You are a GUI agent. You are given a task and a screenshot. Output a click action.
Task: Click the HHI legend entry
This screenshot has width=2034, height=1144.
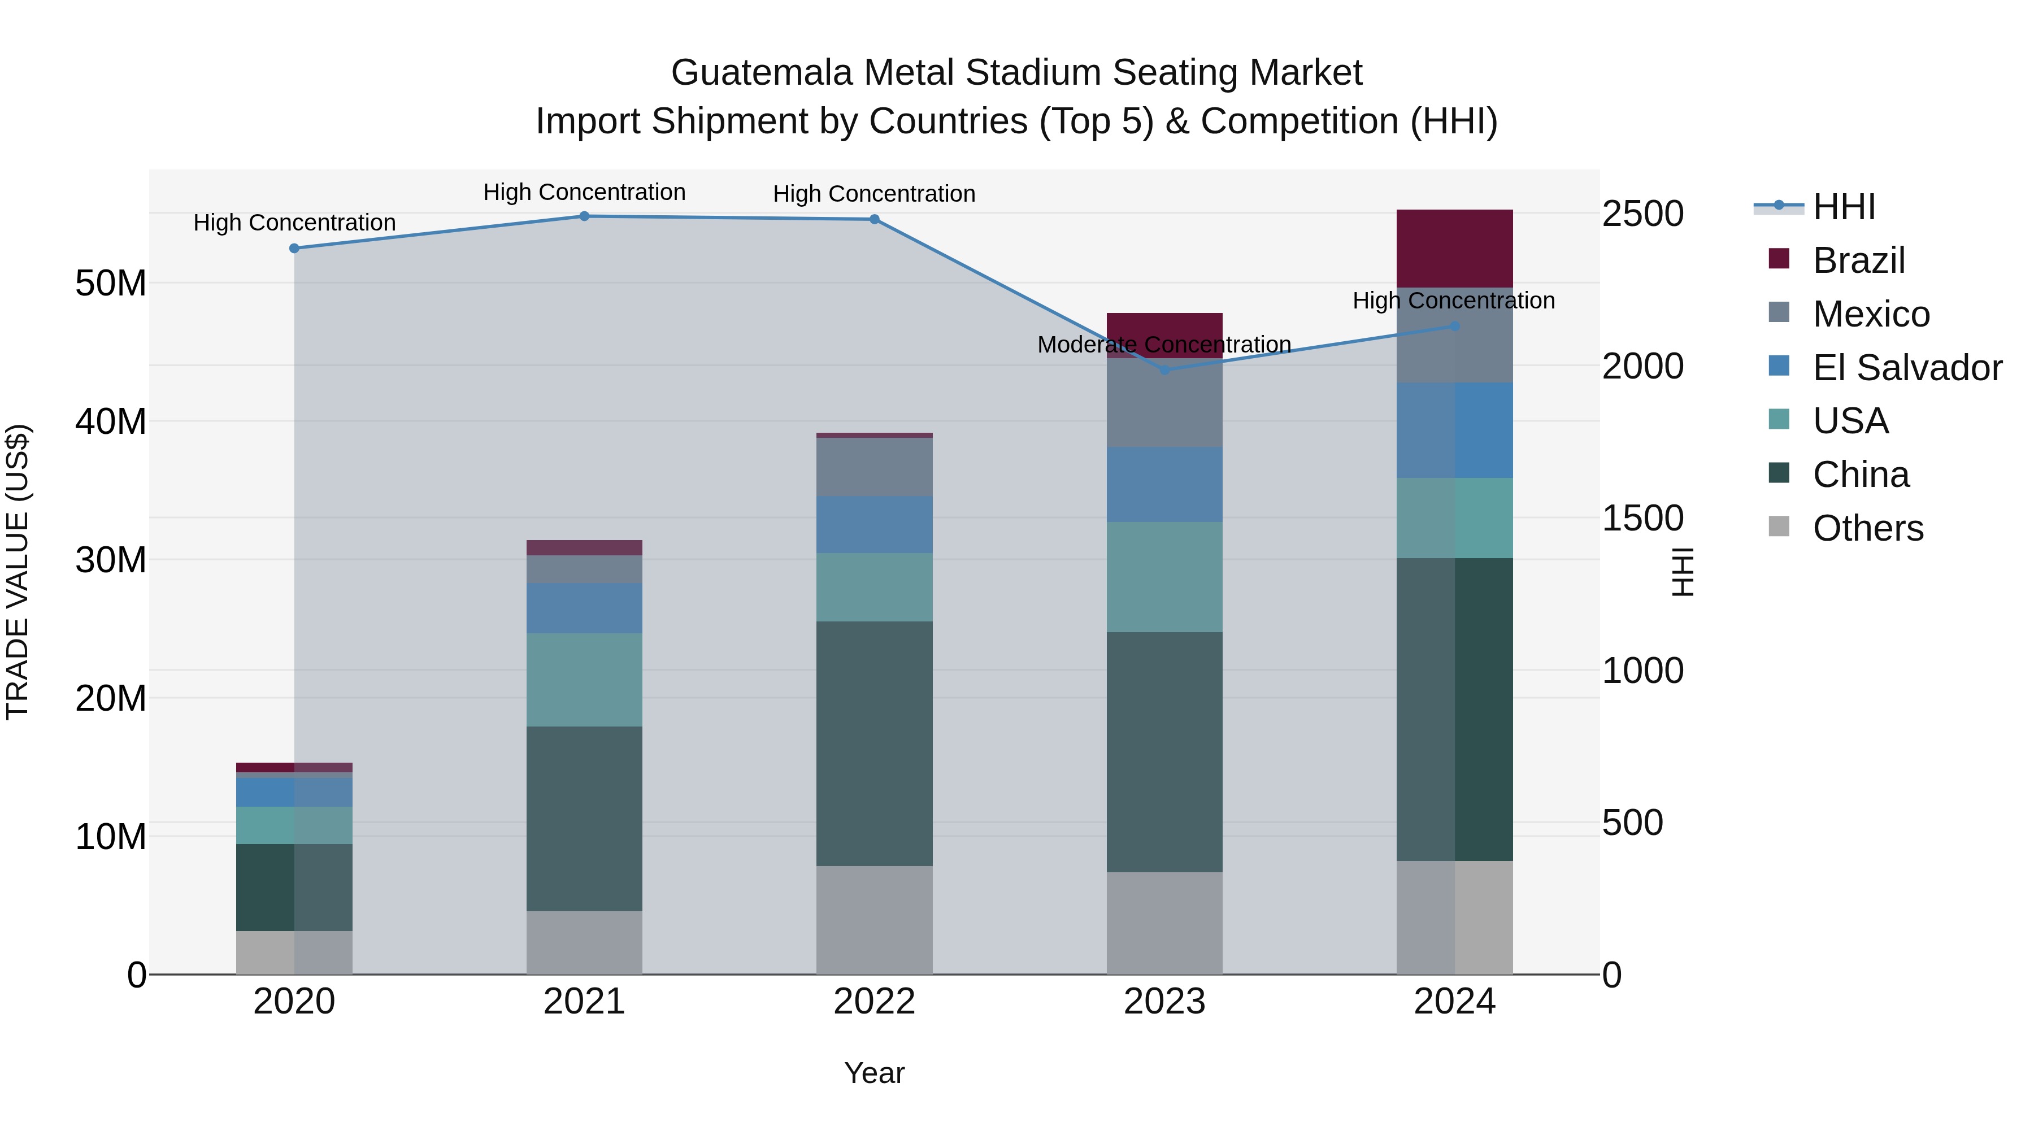1843,207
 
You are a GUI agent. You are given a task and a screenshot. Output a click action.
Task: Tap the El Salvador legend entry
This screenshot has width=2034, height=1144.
1907,368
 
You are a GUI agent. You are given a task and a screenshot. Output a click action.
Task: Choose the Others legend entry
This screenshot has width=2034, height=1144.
1867,528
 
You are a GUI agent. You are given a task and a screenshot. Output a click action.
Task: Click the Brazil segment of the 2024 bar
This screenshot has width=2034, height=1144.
1454,249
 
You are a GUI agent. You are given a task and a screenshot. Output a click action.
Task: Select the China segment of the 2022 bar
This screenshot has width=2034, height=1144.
874,743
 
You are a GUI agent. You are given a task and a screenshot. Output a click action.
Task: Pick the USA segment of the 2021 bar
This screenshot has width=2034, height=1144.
584,680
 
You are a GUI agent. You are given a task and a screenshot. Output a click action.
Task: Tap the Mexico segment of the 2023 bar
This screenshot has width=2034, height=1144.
1164,403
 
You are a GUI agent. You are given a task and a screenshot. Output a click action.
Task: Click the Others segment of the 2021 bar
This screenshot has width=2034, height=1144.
584,943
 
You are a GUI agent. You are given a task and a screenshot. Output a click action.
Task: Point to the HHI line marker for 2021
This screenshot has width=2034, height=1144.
584,216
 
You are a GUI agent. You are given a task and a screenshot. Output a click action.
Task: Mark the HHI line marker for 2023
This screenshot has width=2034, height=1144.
1164,369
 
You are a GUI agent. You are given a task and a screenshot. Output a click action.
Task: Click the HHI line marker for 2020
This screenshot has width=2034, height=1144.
294,248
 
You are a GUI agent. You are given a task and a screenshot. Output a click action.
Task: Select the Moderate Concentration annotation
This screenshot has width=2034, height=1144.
1164,345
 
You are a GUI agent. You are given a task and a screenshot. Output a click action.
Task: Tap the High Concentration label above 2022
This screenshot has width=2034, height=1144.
874,194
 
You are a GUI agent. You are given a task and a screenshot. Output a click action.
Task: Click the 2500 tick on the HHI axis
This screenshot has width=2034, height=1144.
1642,214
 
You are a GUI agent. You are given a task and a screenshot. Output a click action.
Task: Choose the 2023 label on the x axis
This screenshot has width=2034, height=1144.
1164,1002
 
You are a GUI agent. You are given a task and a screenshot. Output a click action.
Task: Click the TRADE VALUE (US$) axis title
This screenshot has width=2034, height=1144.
18,572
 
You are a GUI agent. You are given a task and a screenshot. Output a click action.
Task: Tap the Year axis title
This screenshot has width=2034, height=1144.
874,1073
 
